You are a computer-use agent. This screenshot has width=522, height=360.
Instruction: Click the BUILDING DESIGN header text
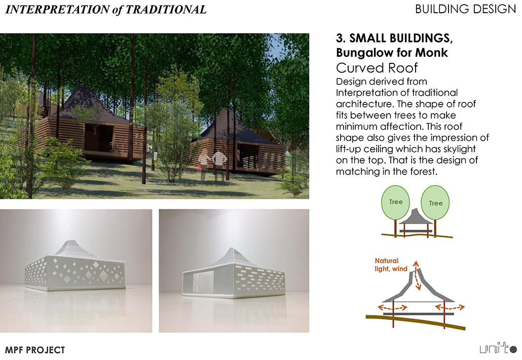tap(465, 9)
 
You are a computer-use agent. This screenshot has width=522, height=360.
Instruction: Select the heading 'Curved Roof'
tap(377, 68)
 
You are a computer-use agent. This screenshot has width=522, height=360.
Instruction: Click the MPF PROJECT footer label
tap(35, 350)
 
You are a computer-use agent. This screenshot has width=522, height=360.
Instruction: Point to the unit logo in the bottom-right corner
tap(498, 348)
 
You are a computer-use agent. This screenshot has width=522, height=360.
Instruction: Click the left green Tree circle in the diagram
tap(395, 202)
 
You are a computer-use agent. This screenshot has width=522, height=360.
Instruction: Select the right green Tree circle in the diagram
tap(435, 202)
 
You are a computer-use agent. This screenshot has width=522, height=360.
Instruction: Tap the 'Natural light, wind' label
tap(391, 265)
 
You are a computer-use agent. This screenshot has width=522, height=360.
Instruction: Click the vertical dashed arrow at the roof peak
tap(417, 276)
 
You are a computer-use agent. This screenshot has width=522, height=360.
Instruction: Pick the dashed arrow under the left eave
tap(393, 307)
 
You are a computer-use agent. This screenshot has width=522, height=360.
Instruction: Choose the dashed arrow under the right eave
tap(450, 307)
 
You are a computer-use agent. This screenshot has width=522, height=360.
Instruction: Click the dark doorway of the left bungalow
tap(98, 137)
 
